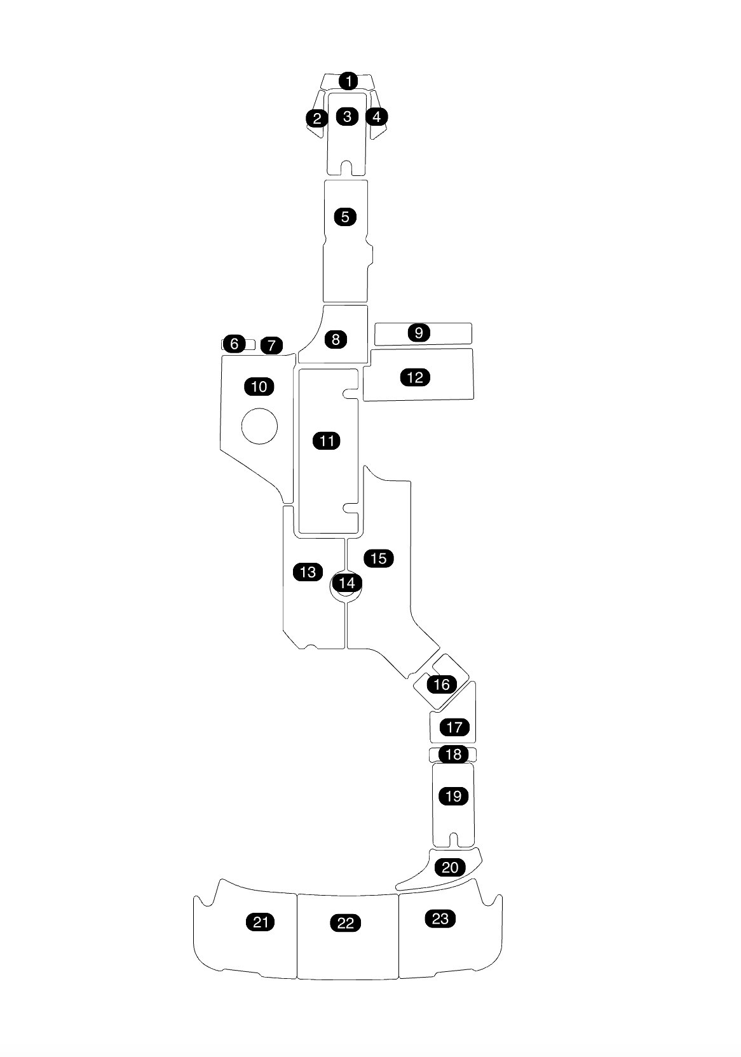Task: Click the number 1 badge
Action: tap(348, 81)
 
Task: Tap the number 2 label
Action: tap(316, 118)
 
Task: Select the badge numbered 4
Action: tap(377, 117)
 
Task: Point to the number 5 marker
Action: tap(345, 217)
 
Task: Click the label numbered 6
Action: tap(235, 344)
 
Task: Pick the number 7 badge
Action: tap(271, 346)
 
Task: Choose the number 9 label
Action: tap(419, 333)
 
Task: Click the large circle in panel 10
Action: tap(259, 426)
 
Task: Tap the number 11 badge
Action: tap(327, 441)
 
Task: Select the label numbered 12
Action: tap(415, 377)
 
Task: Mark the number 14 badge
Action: tap(347, 582)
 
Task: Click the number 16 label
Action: tap(442, 684)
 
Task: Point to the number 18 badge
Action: tap(454, 755)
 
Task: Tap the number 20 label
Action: tap(450, 868)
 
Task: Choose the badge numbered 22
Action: tap(346, 923)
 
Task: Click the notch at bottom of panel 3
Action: tap(346, 168)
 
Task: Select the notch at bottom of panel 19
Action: tap(454, 840)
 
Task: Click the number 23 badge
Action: tap(440, 919)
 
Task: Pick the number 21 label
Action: tap(261, 922)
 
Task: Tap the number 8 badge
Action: tap(336, 339)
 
